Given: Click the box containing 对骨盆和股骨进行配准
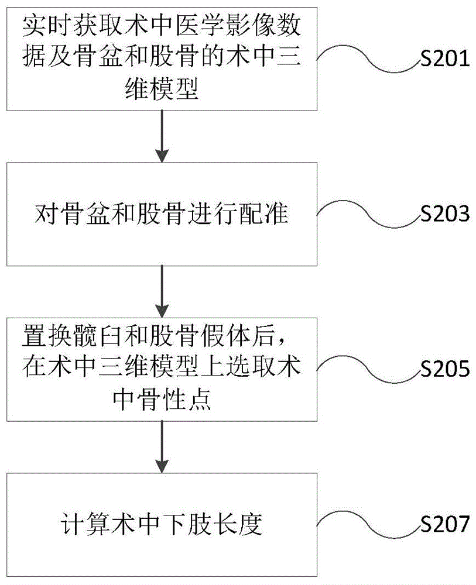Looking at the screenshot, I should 161,214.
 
